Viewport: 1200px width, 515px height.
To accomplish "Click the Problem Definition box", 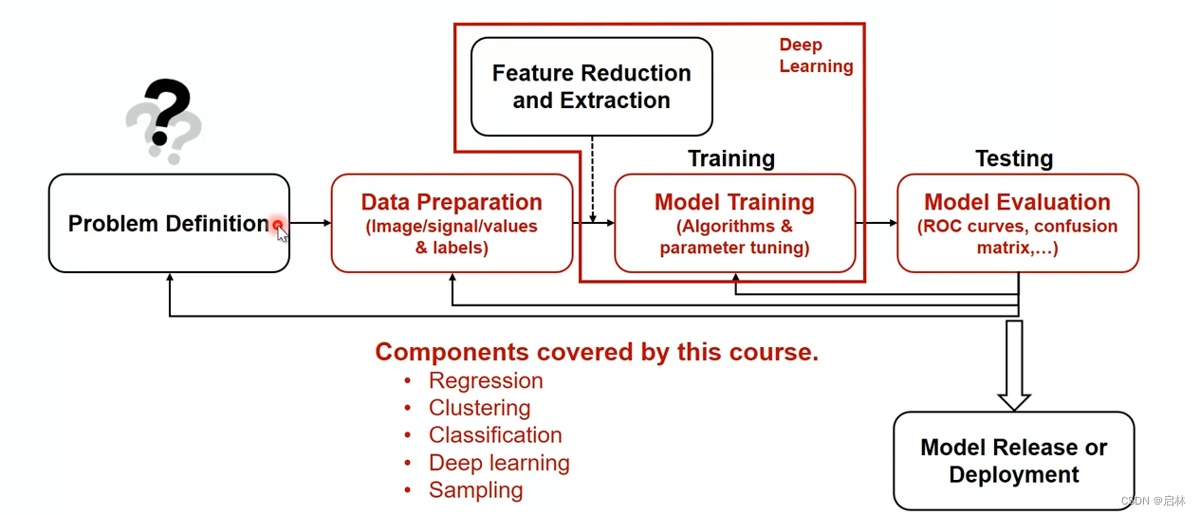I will [x=169, y=224].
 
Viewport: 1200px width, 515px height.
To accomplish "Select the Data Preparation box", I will [x=452, y=224].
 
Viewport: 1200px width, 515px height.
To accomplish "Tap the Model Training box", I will [x=734, y=224].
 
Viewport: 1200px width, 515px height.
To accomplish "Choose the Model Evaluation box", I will [x=1017, y=224].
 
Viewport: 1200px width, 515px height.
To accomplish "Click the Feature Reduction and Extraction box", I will [x=591, y=86].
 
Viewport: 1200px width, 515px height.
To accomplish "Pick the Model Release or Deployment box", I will [x=1013, y=461].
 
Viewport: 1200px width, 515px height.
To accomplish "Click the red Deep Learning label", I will [x=815, y=55].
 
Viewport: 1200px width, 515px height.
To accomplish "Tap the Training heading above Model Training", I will [x=731, y=158].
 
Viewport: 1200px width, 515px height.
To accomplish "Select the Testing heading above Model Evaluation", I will [x=1014, y=158].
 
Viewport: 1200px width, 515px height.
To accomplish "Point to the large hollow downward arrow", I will [x=1014, y=365].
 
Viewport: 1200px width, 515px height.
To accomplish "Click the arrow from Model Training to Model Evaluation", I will [x=876, y=224].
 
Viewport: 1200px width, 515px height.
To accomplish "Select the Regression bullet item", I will [x=486, y=381].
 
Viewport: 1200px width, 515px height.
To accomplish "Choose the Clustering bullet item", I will [x=479, y=408].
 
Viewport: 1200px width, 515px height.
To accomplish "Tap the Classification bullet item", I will [x=495, y=435].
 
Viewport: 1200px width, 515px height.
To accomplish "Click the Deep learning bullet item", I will [x=499, y=463].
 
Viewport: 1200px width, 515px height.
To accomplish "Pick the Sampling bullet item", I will [x=475, y=490].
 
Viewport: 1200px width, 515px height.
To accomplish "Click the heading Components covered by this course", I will [x=597, y=353].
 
